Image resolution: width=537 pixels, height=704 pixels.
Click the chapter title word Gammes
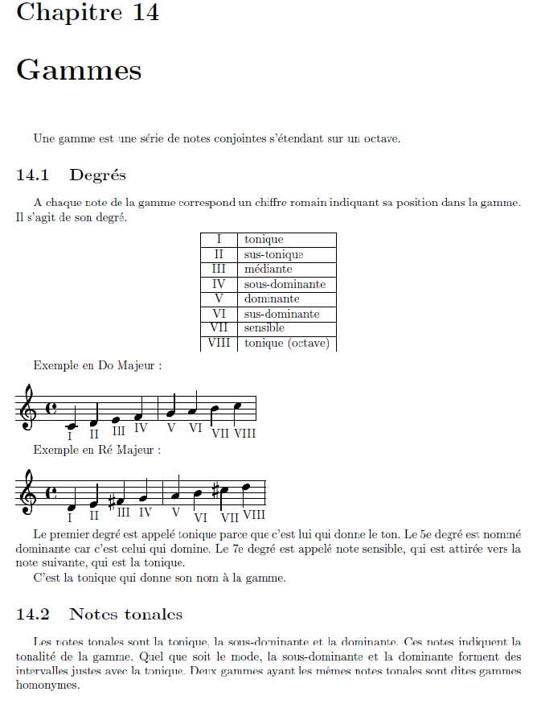coord(79,70)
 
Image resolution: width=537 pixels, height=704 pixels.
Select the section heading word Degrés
coord(97,175)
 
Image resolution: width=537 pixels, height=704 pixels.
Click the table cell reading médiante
coord(268,269)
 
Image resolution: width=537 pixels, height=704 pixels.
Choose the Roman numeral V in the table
coord(219,298)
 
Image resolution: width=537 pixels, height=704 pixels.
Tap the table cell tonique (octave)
coord(281,343)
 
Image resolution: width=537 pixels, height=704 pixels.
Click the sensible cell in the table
coord(264,328)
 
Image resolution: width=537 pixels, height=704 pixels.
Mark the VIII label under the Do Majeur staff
coord(244,434)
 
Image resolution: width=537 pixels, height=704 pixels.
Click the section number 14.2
coord(33,615)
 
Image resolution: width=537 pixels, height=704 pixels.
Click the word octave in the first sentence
coord(380,138)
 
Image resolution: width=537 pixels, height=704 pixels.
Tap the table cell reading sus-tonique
coord(273,254)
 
